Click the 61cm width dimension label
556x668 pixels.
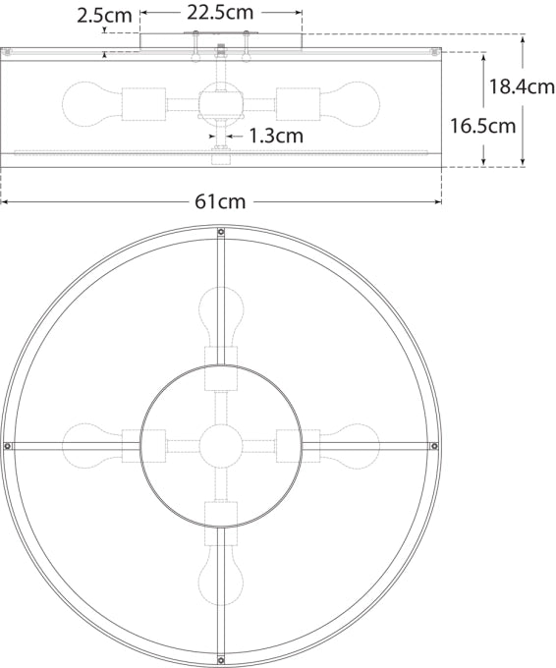pyautogui.click(x=220, y=202)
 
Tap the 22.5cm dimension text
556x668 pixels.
pyautogui.click(x=220, y=13)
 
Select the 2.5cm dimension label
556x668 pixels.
pyautogui.click(x=104, y=16)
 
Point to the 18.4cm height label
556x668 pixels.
pyautogui.click(x=522, y=86)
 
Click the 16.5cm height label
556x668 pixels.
pyautogui.click(x=482, y=126)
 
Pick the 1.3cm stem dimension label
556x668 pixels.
pyautogui.click(x=276, y=136)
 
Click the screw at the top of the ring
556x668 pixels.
pyautogui.click(x=220, y=233)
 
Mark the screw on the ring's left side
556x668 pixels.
pyautogui.click(x=9, y=446)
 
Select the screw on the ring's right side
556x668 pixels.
pyautogui.click(x=433, y=446)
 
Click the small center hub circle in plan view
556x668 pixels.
pyautogui.click(x=220, y=446)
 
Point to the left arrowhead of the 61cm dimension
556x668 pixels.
pyautogui.click(x=4, y=202)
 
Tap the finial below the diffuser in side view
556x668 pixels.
pyautogui.click(x=220, y=158)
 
